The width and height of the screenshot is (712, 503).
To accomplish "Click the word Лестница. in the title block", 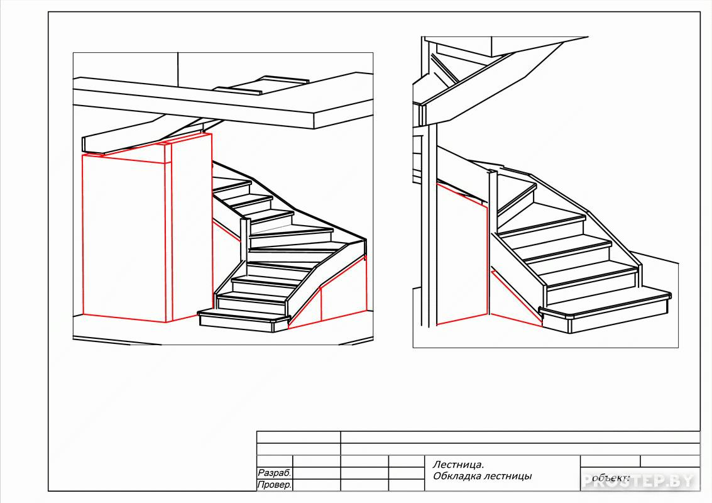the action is tap(458, 465).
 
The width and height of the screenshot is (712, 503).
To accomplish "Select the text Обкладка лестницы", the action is tap(482, 476).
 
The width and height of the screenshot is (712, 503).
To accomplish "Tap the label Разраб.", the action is tap(274, 473).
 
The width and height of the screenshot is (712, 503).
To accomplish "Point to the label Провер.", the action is tap(274, 485).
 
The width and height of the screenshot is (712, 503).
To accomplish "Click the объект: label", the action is tap(611, 478).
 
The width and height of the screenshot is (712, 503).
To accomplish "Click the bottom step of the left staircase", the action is tap(244, 319).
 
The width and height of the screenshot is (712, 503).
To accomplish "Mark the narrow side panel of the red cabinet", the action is tap(192, 226).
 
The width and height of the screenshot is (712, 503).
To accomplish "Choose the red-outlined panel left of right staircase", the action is tap(461, 255).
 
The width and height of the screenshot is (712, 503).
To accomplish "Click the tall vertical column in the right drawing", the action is tap(429, 182).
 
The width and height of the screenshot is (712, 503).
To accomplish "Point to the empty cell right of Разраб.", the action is tap(317, 473).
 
